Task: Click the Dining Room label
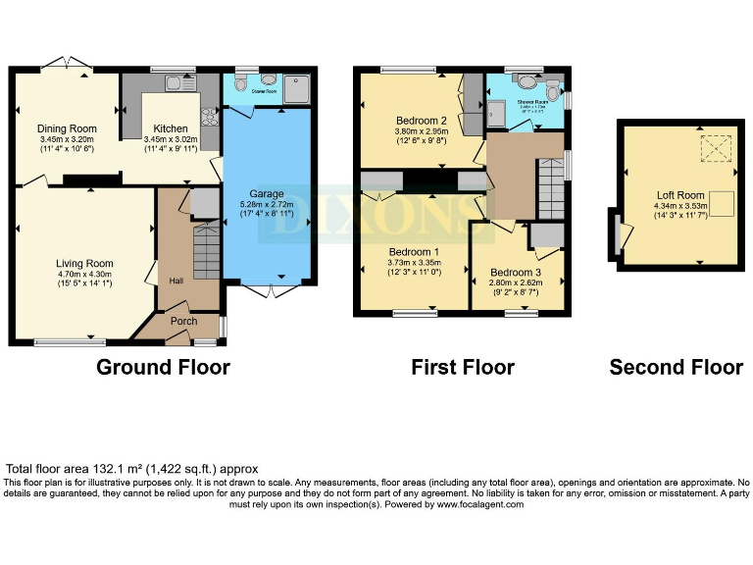pyautogui.click(x=67, y=128)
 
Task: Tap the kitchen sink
pyautogui.click(x=179, y=84)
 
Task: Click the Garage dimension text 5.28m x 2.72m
pyautogui.click(x=268, y=205)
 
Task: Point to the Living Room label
pyautogui.click(x=83, y=263)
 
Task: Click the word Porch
pyautogui.click(x=184, y=321)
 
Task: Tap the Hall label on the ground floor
pyautogui.click(x=176, y=281)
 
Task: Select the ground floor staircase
pyautogui.click(x=206, y=250)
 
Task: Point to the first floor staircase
pyautogui.click(x=552, y=182)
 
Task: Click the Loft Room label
pyautogui.click(x=680, y=195)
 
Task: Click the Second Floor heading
pyautogui.click(x=676, y=367)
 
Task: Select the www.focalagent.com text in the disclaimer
pyautogui.click(x=480, y=504)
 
